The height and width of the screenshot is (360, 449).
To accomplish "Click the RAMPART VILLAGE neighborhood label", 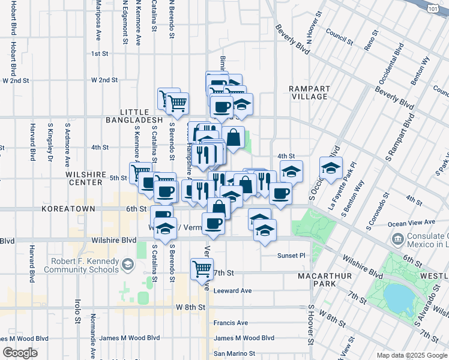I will click(x=309, y=92).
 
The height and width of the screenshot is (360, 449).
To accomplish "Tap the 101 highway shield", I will click(x=433, y=9).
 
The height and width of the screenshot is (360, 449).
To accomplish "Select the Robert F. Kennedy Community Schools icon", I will click(x=127, y=264).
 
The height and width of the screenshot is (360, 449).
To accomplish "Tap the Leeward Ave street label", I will click(x=232, y=291).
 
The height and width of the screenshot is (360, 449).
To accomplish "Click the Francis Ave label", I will click(x=231, y=323).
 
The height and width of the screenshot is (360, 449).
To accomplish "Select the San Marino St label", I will click(x=235, y=354).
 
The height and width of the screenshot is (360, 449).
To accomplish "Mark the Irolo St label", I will click(x=77, y=310).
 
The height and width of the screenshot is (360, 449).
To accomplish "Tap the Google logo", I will click(x=20, y=353).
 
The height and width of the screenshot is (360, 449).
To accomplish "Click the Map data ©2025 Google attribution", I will click(x=412, y=355).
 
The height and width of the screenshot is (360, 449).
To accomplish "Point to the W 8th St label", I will click(x=191, y=307).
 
